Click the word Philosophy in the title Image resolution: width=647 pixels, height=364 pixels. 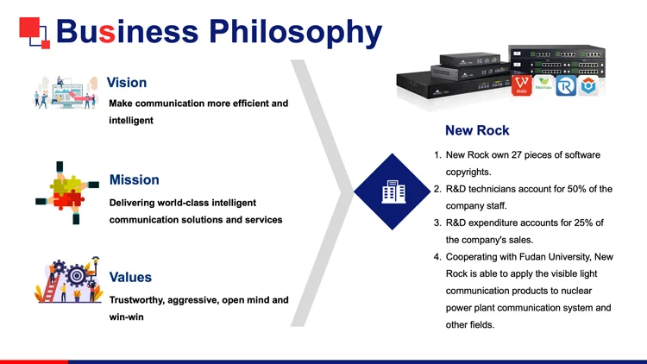pos(296,31)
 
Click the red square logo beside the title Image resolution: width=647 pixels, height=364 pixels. pos(33,31)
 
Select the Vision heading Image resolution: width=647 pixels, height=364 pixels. pos(126,83)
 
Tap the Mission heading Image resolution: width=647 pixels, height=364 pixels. pos(134,179)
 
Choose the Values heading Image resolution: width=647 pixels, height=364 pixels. pos(130,277)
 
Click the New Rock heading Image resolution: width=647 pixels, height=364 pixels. pos(477,131)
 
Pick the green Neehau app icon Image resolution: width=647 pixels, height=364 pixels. pos(544,84)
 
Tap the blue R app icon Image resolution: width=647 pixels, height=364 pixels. pos(567,85)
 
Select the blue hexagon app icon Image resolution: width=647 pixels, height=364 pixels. pos(588,85)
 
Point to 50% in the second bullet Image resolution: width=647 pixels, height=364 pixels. pos(575,189)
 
